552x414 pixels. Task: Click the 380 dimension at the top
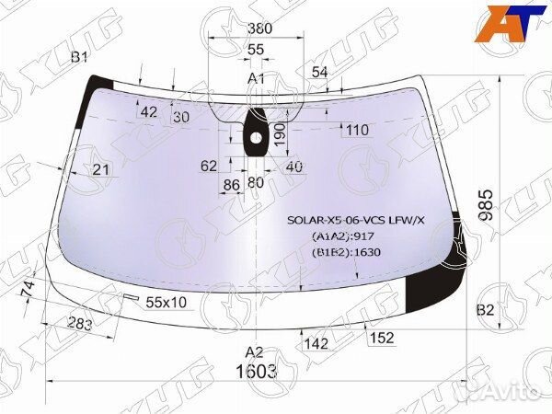259,29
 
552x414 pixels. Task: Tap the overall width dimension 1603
257,372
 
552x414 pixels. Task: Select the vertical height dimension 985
487,205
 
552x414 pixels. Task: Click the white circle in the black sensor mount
256,138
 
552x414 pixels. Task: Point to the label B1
79,57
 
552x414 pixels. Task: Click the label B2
485,310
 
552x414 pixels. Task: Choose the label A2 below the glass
254,351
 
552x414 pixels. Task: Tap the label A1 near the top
256,79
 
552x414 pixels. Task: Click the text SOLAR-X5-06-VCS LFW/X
356,221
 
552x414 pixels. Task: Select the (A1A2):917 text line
343,236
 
